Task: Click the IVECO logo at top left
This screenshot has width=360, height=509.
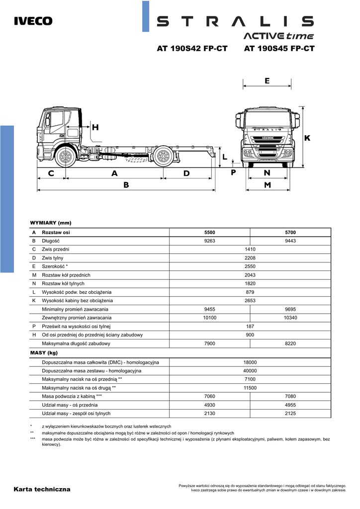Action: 33,21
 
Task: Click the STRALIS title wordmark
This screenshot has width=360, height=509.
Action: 235,21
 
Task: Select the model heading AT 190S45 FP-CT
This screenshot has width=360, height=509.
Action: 279,49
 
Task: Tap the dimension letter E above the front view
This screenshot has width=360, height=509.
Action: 267,81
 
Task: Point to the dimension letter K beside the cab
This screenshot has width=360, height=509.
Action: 307,138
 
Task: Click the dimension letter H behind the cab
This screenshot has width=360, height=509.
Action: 95,128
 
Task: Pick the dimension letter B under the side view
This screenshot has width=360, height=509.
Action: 126,185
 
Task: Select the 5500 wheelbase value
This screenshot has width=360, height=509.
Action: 210,233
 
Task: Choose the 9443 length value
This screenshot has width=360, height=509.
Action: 290,241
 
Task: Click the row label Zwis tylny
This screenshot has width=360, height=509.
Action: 52,258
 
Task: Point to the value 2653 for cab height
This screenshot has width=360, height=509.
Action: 250,301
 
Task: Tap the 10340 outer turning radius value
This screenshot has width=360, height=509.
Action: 290,318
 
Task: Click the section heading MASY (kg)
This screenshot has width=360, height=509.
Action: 44,353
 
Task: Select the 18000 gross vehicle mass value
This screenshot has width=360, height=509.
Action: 250,362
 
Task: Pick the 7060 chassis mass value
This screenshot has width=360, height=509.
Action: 210,396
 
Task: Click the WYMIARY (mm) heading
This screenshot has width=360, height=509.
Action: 51,223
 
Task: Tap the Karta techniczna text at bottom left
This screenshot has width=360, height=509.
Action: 42,490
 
